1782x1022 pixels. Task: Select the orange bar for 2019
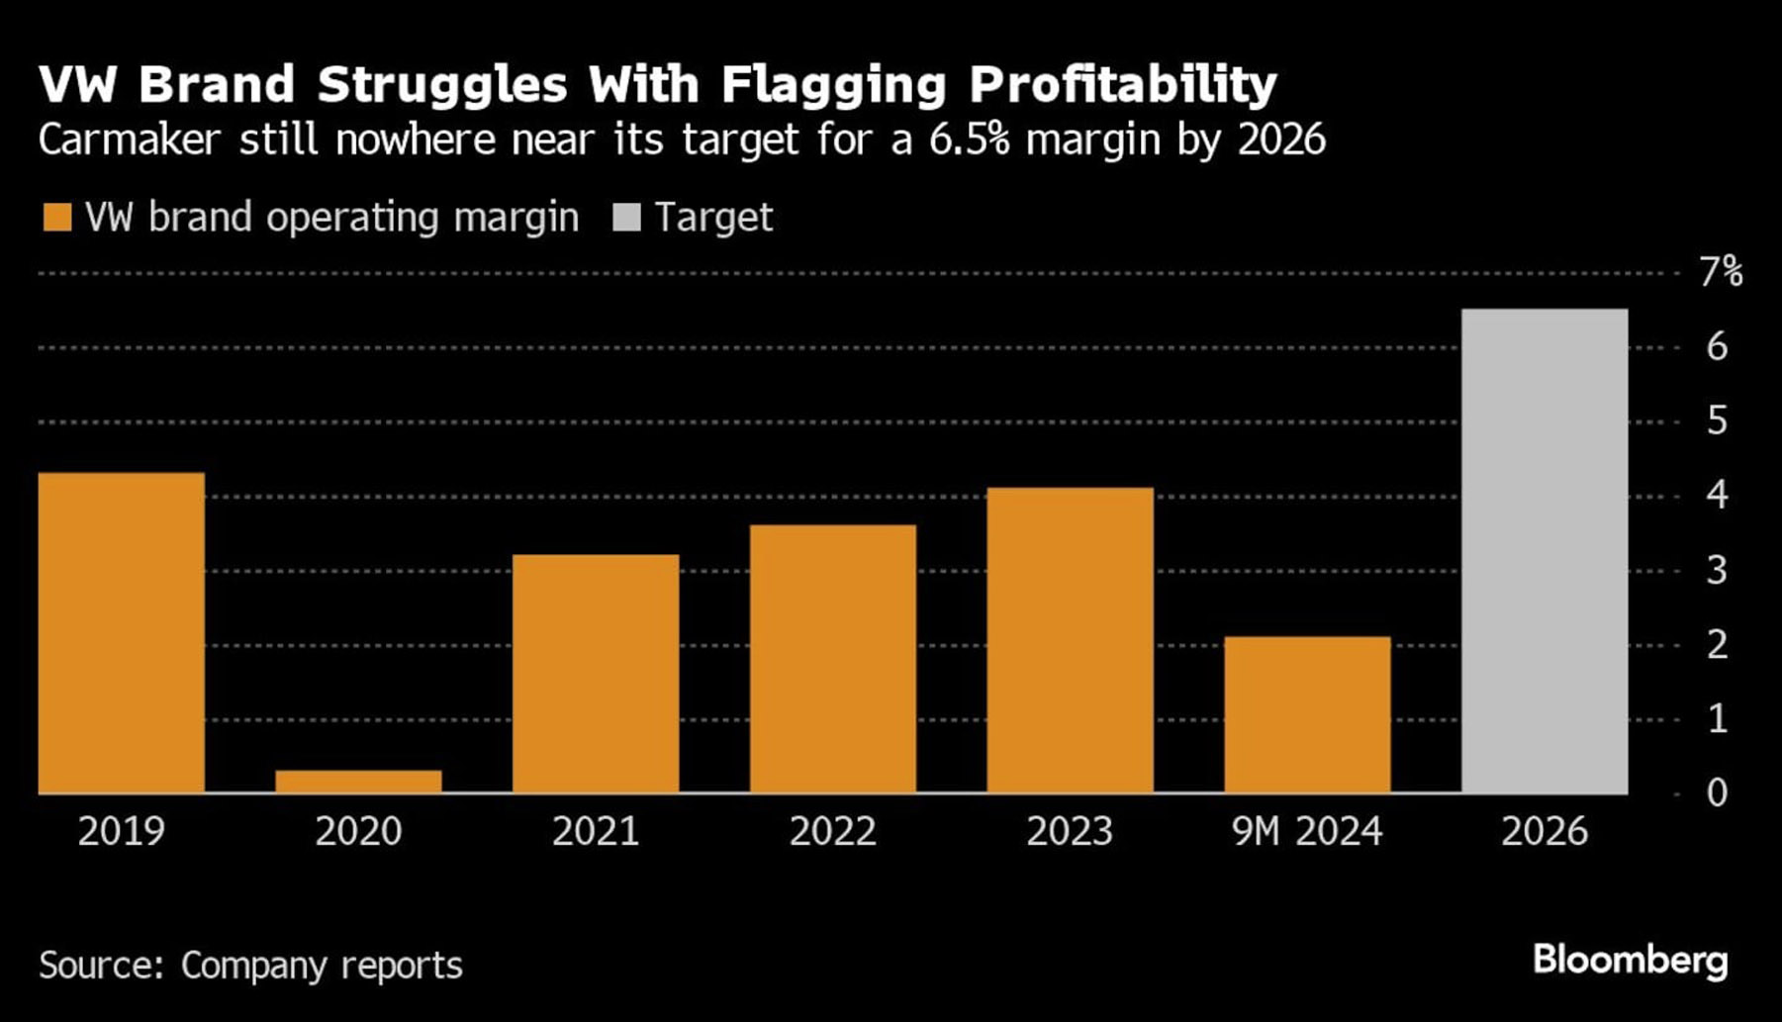(122, 633)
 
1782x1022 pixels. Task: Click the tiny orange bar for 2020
(358, 782)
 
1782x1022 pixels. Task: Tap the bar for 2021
(596, 674)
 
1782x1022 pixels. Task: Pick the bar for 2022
(833, 659)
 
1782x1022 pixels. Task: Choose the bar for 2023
(1070, 640)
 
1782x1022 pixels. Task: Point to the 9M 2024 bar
(1307, 714)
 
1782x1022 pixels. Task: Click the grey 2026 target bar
(1544, 551)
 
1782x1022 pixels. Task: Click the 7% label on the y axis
(1721, 271)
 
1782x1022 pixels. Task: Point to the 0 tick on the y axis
(1717, 792)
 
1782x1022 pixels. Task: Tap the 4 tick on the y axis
(1717, 495)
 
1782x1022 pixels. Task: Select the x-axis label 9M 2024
(1307, 831)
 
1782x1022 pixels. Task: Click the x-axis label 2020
(358, 831)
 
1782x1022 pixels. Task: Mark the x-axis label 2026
(1544, 831)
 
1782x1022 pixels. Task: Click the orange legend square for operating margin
(57, 218)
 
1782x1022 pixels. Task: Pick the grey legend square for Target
(626, 218)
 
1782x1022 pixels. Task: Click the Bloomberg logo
(1630, 960)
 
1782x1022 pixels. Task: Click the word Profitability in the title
(1123, 85)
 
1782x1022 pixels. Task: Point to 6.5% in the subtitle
(970, 139)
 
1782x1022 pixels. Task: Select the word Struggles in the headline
(442, 85)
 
